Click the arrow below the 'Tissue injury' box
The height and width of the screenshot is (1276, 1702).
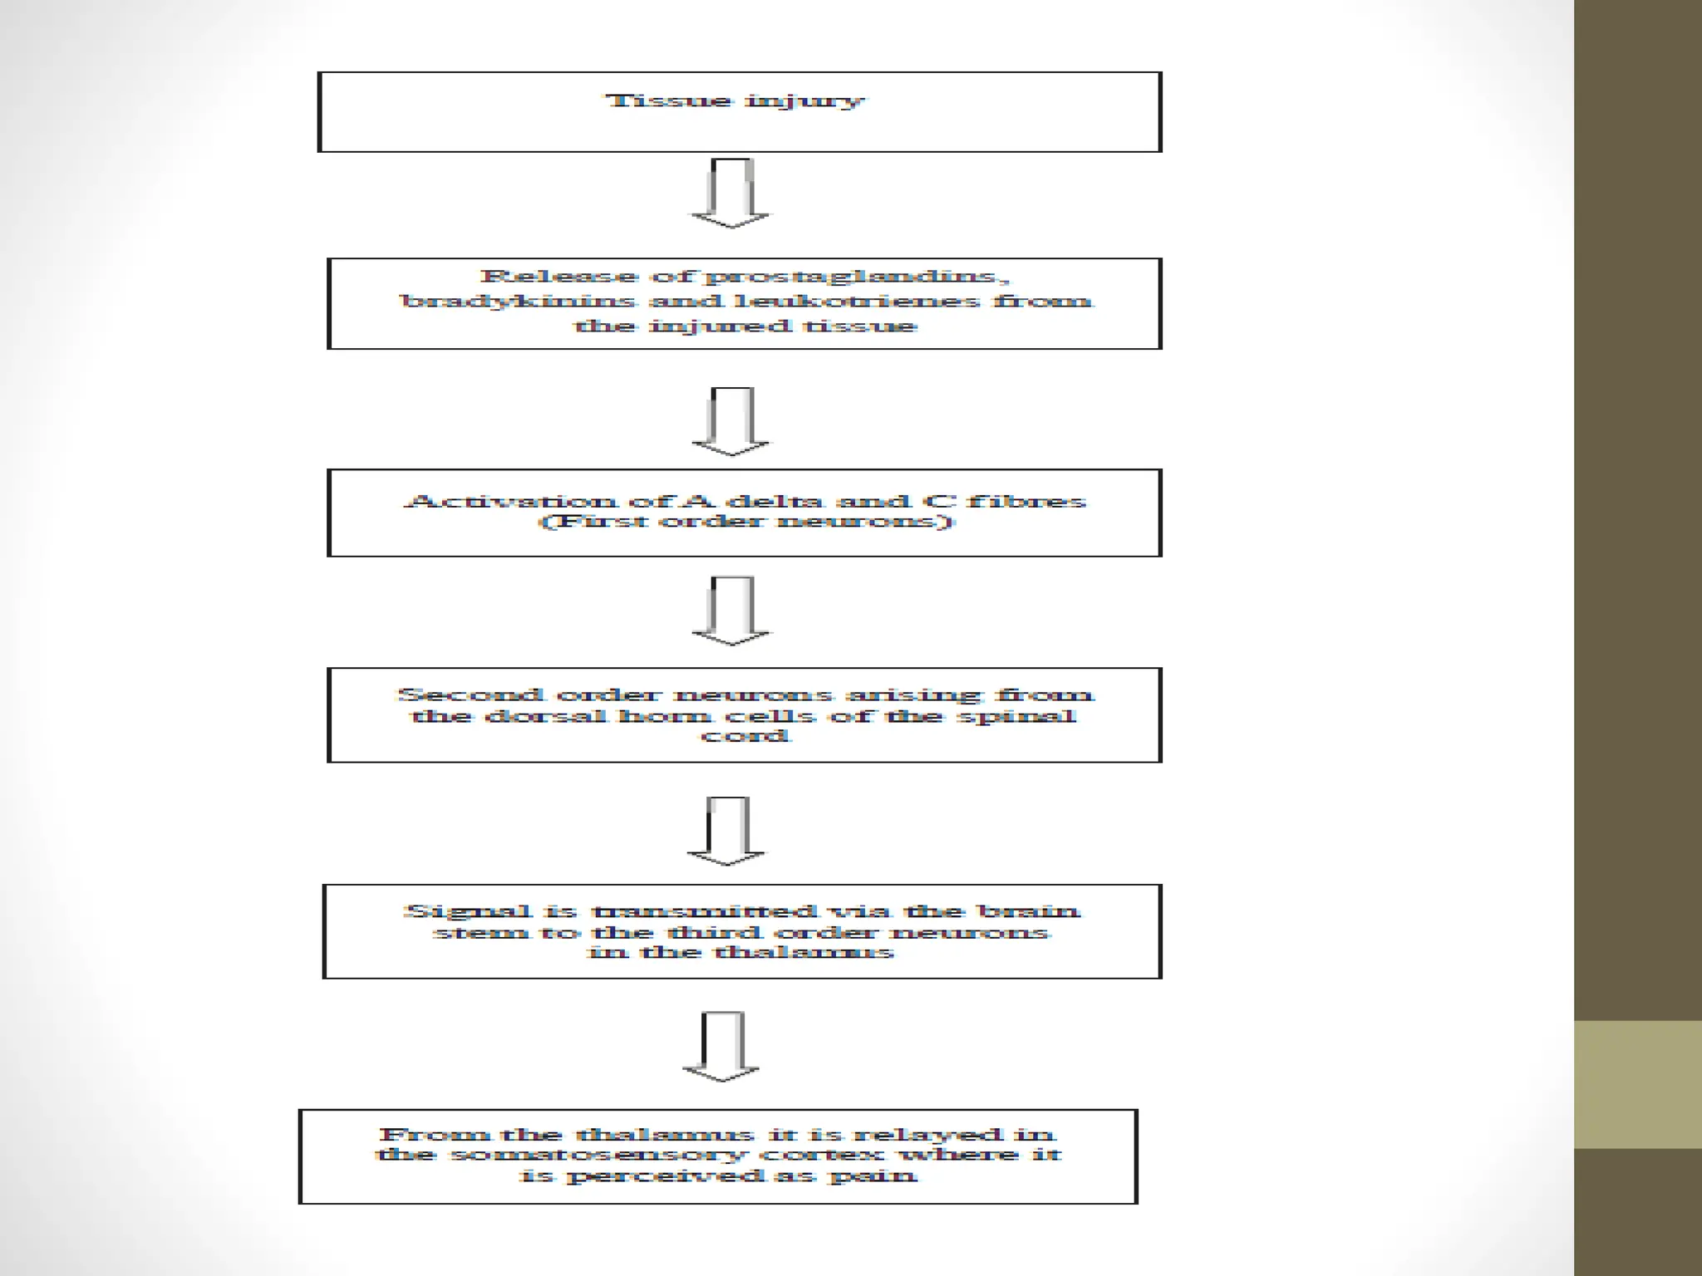tap(731, 194)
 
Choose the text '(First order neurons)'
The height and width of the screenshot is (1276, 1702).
tap(746, 522)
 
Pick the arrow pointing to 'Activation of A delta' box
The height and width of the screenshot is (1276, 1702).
tap(731, 422)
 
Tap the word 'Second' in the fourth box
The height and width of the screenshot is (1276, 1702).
tap(470, 694)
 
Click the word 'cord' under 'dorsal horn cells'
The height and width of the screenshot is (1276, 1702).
tap(745, 736)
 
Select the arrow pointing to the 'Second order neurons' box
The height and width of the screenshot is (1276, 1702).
tap(731, 611)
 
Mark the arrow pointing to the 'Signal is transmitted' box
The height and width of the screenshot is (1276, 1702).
tap(727, 831)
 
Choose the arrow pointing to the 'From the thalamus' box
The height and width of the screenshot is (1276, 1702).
tap(721, 1047)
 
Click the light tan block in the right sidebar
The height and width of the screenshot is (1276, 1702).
tap(1637, 1084)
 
